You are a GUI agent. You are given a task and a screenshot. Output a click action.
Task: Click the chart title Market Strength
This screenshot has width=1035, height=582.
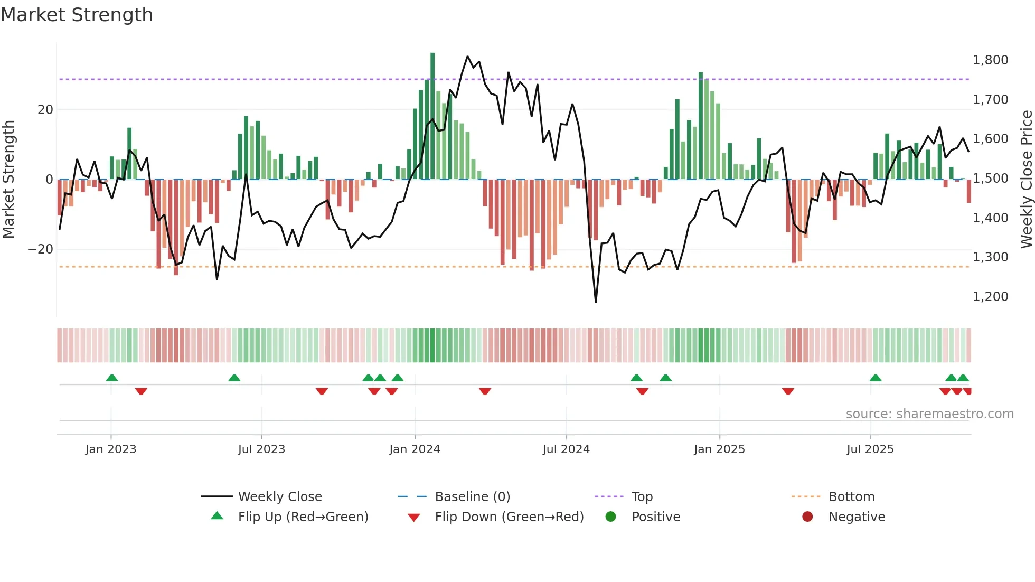(77, 15)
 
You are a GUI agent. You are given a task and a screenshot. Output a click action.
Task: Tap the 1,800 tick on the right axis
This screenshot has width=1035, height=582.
(990, 60)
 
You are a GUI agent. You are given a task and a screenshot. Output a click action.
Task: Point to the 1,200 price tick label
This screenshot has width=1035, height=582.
(990, 297)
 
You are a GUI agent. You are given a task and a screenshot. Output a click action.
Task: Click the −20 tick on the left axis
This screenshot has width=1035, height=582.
(41, 249)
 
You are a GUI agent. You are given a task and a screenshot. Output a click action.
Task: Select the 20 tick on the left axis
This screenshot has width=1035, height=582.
(45, 110)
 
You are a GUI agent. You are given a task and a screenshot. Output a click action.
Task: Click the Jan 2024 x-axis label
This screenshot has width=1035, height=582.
(415, 449)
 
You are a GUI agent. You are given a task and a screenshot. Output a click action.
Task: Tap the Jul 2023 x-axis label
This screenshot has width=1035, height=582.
(261, 449)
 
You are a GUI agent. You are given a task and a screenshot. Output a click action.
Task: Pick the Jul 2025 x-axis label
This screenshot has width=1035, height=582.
(870, 449)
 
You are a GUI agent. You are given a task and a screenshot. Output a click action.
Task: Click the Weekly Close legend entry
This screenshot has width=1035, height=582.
(279, 497)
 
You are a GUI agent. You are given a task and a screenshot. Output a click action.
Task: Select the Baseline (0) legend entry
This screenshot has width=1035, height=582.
(472, 497)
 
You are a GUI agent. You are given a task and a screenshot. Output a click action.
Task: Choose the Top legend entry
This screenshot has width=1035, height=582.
(642, 497)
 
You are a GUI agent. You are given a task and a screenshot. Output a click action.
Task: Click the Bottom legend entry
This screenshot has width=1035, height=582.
(851, 497)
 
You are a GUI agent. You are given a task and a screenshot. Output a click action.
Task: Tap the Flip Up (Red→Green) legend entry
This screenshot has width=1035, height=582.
(303, 517)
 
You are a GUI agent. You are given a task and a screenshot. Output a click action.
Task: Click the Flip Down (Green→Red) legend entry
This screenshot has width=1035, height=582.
(509, 517)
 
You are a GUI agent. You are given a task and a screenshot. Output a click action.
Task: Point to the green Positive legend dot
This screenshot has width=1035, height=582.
(610, 517)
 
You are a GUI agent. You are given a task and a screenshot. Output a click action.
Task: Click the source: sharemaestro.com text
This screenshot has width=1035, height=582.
(929, 414)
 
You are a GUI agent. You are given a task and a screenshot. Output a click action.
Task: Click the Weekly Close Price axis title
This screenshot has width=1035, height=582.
(1026, 180)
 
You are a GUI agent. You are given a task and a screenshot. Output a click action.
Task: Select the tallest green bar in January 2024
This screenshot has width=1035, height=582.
(432, 116)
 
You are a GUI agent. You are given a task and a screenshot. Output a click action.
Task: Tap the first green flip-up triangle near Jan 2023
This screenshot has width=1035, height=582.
(112, 378)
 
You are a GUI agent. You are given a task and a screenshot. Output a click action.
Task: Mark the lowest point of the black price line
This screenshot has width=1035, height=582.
(596, 302)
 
